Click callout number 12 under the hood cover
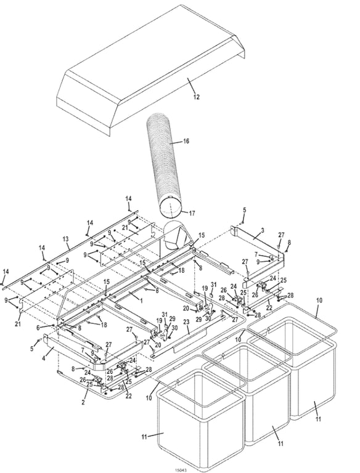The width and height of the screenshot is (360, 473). [196, 97]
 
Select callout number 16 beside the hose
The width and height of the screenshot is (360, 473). [186, 141]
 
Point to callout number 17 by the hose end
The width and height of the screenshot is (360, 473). [192, 213]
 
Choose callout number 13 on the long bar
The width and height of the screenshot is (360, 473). [65, 238]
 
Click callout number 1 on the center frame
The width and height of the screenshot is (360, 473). [141, 300]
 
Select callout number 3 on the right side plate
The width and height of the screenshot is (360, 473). [262, 230]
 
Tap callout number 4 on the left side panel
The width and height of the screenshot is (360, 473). [44, 357]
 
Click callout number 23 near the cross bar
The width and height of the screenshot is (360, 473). [187, 321]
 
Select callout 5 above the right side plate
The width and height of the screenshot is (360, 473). [244, 210]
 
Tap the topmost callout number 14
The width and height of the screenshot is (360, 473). [128, 198]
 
